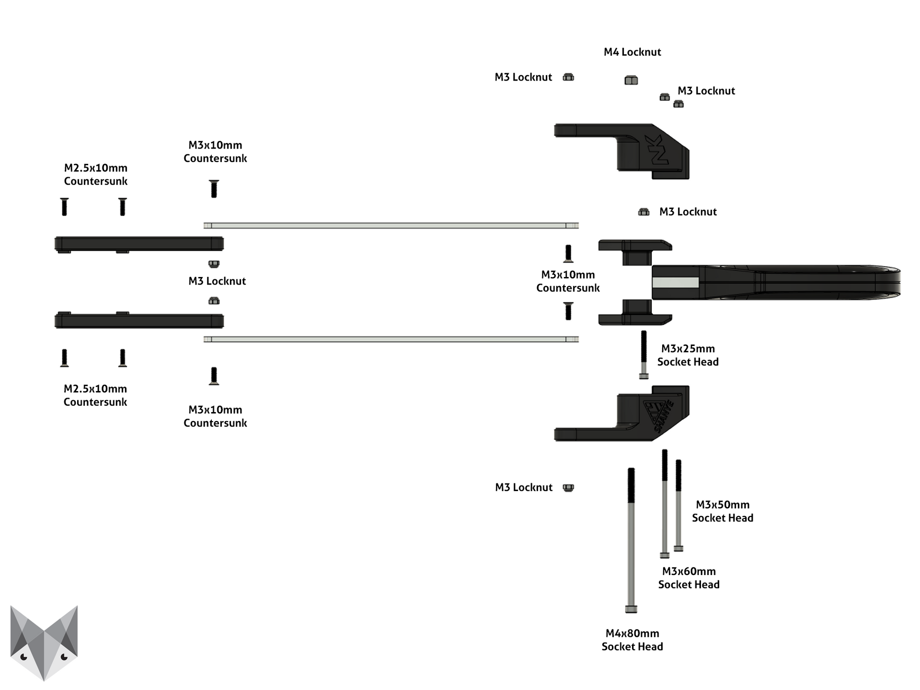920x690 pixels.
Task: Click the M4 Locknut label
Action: [x=632, y=52]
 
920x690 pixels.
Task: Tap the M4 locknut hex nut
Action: [x=631, y=80]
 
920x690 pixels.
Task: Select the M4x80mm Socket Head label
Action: [x=632, y=640]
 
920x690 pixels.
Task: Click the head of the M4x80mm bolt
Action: [x=631, y=609]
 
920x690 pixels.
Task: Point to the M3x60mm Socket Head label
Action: [x=689, y=578]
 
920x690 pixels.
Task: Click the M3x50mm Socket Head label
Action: [x=723, y=511]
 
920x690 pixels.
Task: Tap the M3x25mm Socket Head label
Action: [x=688, y=355]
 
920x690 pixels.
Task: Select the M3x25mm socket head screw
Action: [x=644, y=355]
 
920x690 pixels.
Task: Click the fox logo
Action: [x=44, y=642]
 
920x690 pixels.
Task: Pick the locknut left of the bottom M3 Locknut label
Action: [x=568, y=488]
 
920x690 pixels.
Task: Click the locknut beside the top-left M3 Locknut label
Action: [x=568, y=77]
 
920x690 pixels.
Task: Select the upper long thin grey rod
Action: [x=391, y=226]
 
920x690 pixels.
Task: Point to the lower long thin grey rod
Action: [x=391, y=339]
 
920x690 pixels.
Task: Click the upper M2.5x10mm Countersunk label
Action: [x=96, y=174]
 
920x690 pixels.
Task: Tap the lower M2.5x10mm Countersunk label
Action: [x=95, y=395]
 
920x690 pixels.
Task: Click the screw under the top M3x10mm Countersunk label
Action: [x=214, y=189]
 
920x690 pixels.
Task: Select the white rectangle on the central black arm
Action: [x=676, y=283]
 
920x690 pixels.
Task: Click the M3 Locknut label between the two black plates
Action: [x=217, y=281]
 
